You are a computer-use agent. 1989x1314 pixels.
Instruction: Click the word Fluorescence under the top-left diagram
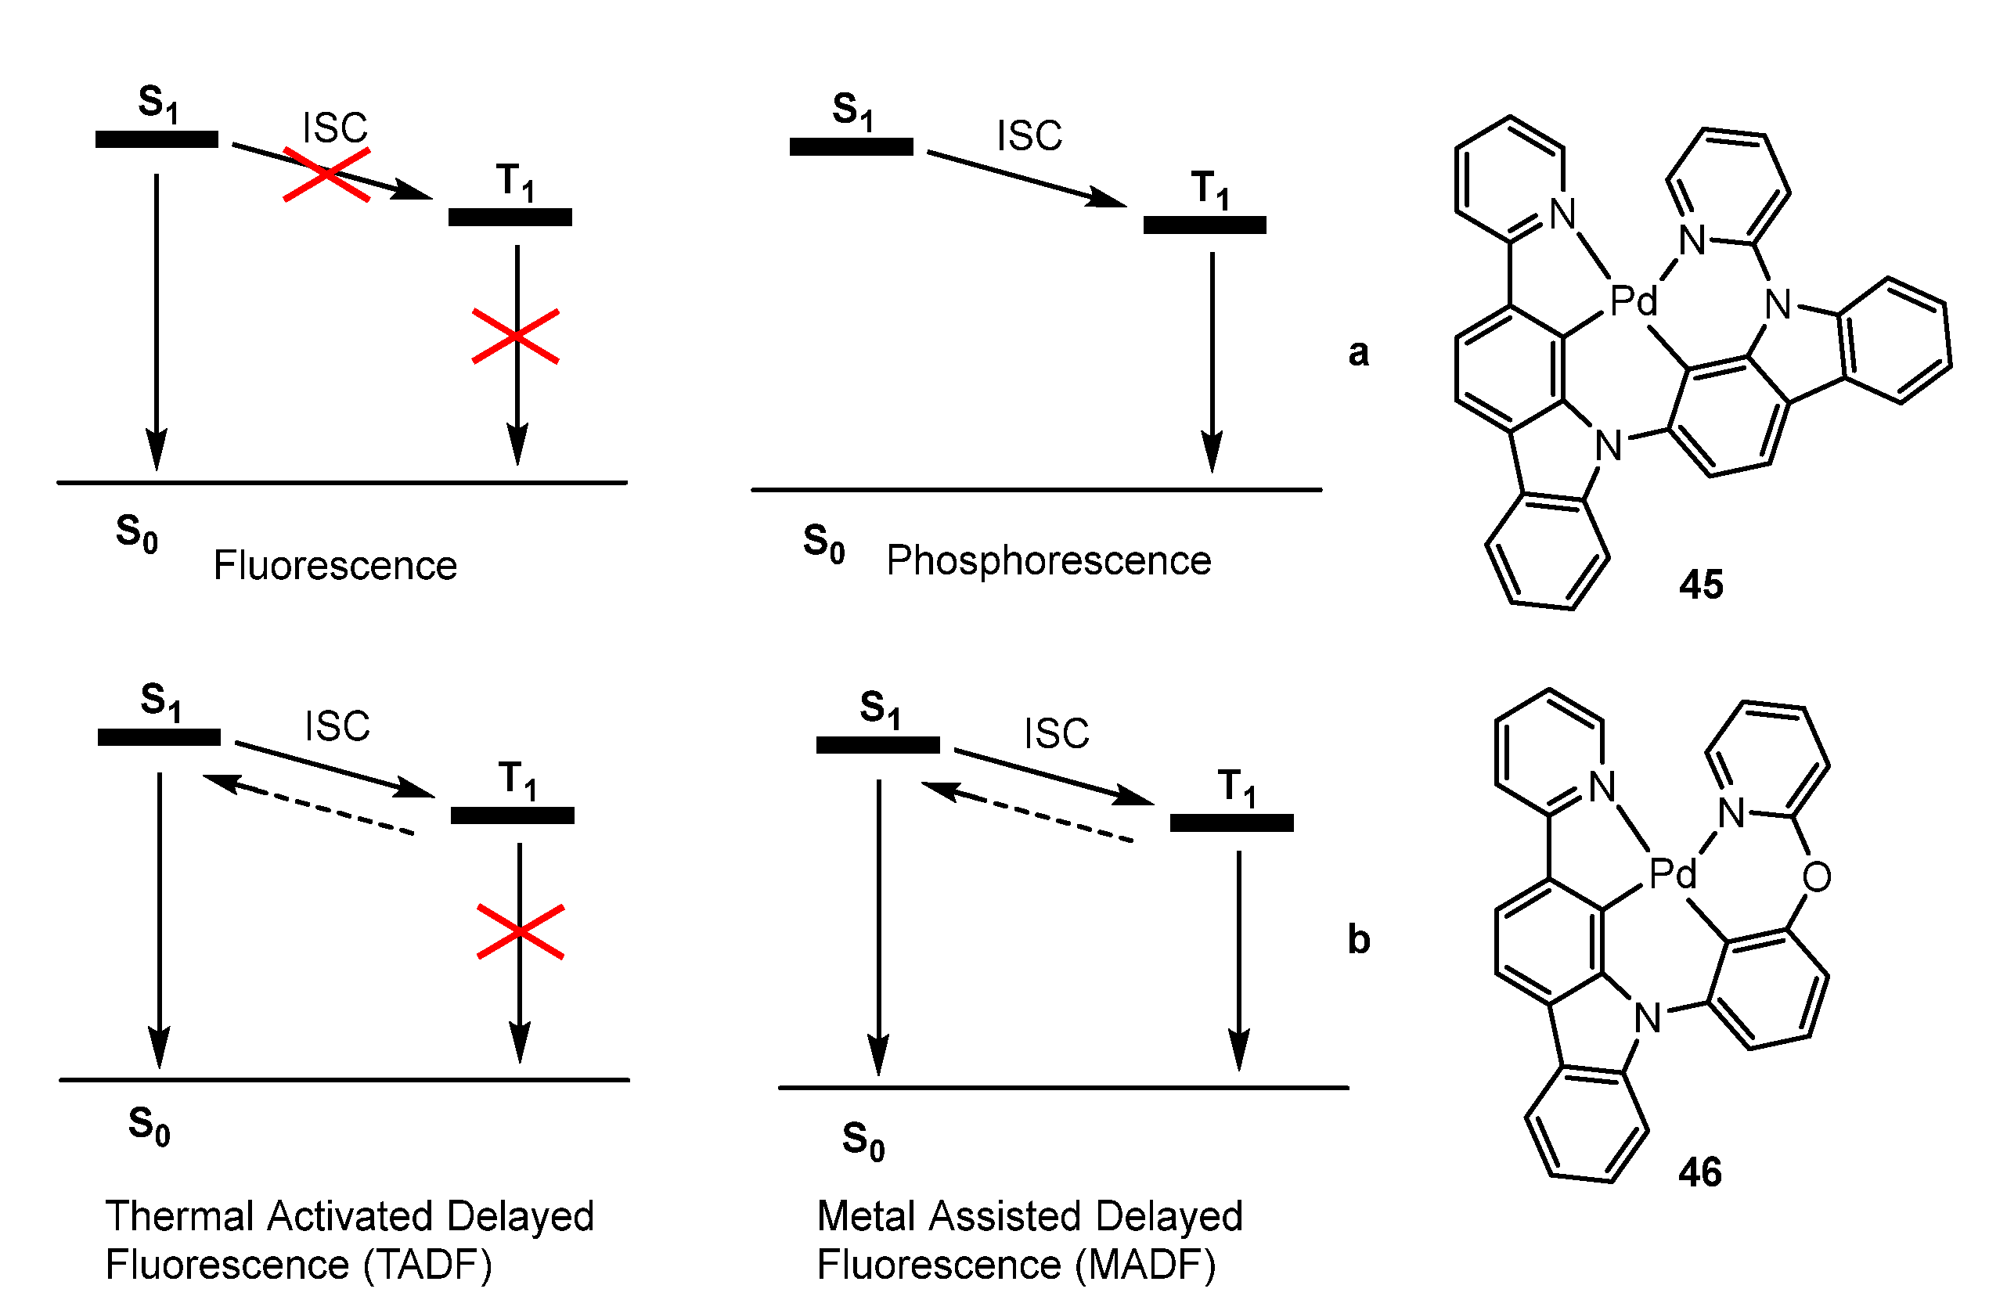pos(335,566)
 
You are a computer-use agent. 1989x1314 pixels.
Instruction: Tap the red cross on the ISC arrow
pos(326,175)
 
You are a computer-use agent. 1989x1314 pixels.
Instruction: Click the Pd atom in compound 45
pos(1633,300)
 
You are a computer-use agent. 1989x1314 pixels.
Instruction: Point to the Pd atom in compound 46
pos(1672,874)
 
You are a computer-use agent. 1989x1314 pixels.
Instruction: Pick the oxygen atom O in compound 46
pos(1816,877)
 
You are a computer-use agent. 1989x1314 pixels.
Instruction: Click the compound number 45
pos(1701,584)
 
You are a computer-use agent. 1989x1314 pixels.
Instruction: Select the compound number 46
pos(1700,1172)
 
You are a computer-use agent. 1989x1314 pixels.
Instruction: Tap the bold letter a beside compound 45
pos(1359,354)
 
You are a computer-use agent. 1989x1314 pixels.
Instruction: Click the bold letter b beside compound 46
pos(1359,940)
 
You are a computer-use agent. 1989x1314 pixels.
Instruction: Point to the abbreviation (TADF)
pos(427,1265)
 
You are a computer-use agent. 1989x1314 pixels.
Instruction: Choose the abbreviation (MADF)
pos(1145,1265)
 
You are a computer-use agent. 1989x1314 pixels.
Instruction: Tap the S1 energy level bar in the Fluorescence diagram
pos(157,140)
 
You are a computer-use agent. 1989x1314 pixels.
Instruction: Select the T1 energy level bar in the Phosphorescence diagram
pos(1205,225)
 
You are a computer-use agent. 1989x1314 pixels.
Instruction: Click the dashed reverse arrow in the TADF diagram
pos(310,805)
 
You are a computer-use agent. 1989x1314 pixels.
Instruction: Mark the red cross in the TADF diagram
pos(520,931)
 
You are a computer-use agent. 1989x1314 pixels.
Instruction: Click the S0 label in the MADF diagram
pos(863,1141)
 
